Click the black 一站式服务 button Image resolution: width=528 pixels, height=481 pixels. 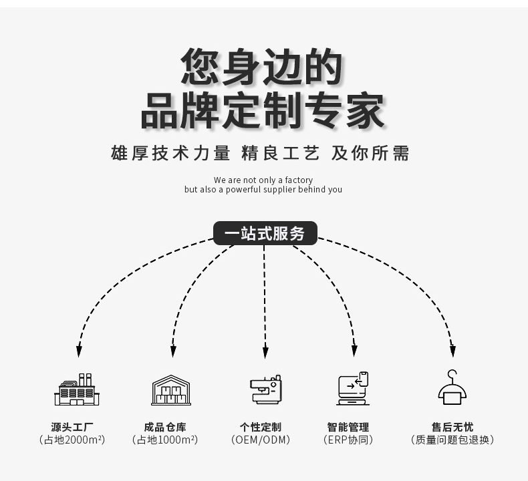(x=265, y=233)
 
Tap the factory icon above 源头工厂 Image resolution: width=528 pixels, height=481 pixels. (x=76, y=389)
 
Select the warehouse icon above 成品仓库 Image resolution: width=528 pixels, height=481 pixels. (x=171, y=389)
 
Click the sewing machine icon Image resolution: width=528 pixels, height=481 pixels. (x=265, y=389)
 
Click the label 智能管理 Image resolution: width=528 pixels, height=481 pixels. (x=348, y=427)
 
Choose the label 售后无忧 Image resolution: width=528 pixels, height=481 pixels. (x=452, y=427)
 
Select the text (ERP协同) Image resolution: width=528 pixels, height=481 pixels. (x=348, y=440)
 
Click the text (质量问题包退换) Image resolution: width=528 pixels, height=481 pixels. (x=452, y=440)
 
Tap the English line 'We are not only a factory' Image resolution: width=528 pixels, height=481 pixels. (x=263, y=180)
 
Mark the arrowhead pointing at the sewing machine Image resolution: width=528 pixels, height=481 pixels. (x=265, y=351)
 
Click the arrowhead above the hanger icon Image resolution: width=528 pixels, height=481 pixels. (x=452, y=351)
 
